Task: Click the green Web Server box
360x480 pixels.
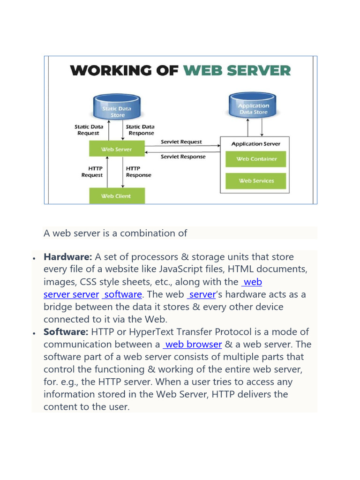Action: [x=117, y=150]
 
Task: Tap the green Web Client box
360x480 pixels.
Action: [x=117, y=196]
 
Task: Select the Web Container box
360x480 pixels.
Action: [x=256, y=159]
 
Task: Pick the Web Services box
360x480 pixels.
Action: [x=256, y=181]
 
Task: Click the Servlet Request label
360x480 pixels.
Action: [x=181, y=142]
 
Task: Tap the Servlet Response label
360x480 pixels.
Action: [x=183, y=157]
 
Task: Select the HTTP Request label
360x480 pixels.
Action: [x=92, y=172]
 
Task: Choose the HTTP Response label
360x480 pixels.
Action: [x=139, y=172]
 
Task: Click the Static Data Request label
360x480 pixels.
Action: [x=88, y=130]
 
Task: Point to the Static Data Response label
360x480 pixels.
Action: [x=140, y=130]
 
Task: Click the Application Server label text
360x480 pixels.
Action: [x=256, y=144]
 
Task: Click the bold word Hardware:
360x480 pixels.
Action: [x=68, y=257]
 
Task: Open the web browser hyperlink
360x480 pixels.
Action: [x=193, y=345]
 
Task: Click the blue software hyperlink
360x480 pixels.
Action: [x=123, y=294]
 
